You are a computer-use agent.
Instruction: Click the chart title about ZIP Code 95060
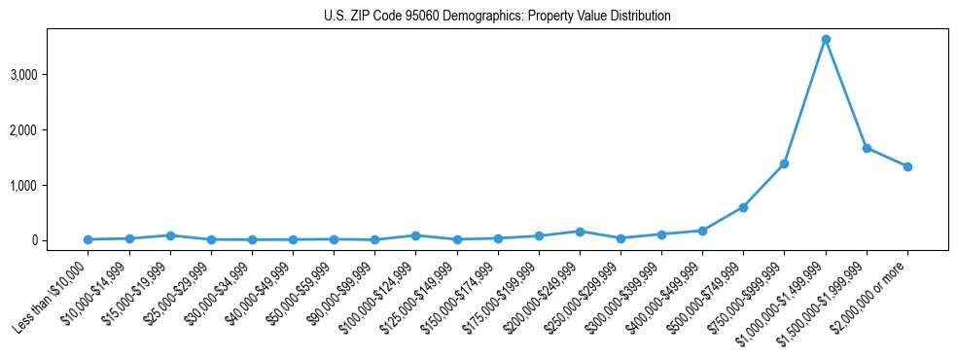pyautogui.click(x=497, y=17)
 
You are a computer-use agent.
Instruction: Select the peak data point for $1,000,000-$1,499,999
pyautogui.click(x=826, y=40)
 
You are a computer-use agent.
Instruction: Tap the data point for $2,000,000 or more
pyautogui.click(x=907, y=166)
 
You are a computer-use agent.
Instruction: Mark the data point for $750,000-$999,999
pyautogui.click(x=784, y=163)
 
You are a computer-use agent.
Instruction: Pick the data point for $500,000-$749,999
pyautogui.click(x=743, y=207)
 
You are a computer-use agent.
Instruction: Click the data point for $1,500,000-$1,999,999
pyautogui.click(x=867, y=148)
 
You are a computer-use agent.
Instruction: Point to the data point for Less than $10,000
pyautogui.click(x=89, y=239)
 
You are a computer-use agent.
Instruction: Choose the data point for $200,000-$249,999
pyautogui.click(x=580, y=232)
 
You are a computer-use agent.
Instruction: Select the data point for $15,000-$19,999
pyautogui.click(x=170, y=235)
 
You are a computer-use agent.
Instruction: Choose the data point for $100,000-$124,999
pyautogui.click(x=415, y=235)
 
